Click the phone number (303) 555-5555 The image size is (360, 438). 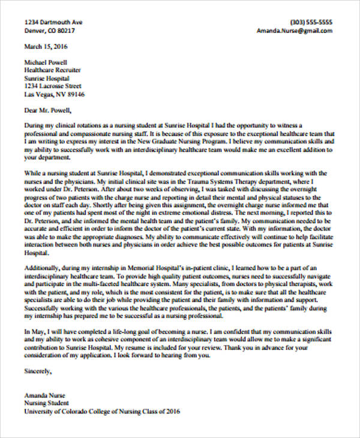coord(311,21)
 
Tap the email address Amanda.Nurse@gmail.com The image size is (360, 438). coord(294,30)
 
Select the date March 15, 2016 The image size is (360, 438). coord(46,46)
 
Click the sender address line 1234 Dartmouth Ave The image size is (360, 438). coord(53,21)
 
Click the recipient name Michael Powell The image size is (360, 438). coord(46,62)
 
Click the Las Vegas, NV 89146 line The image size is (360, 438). coord(54,94)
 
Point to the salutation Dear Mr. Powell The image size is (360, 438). coord(47,110)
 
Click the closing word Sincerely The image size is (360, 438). coord(38,371)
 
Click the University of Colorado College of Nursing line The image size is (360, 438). coord(101,412)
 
